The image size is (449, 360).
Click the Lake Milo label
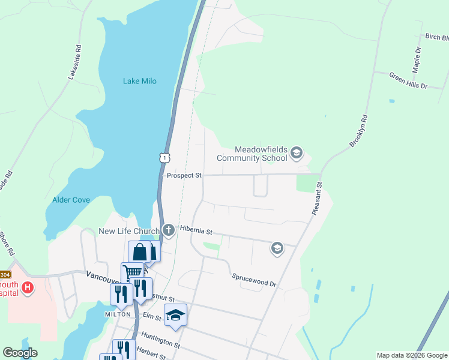pyautogui.click(x=140, y=81)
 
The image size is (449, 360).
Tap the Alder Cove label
pyautogui.click(x=71, y=200)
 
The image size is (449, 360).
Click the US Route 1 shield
pyautogui.click(x=164, y=157)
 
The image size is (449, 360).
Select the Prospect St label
pyautogui.click(x=184, y=176)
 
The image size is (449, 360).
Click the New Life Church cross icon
pyautogui.click(x=169, y=229)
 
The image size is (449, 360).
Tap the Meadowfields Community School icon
pyautogui.click(x=296, y=154)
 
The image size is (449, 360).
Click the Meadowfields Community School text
pyautogui.click(x=252, y=154)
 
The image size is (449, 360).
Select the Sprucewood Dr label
pyautogui.click(x=254, y=280)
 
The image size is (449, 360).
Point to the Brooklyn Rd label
pyautogui.click(x=358, y=131)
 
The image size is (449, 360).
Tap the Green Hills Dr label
pyautogui.click(x=408, y=81)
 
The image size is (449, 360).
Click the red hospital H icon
pyautogui.click(x=26, y=288)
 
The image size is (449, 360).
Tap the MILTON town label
pyautogui.click(x=118, y=314)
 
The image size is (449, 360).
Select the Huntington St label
pyautogui.click(x=160, y=341)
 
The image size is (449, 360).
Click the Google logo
pyautogui.click(x=20, y=353)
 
